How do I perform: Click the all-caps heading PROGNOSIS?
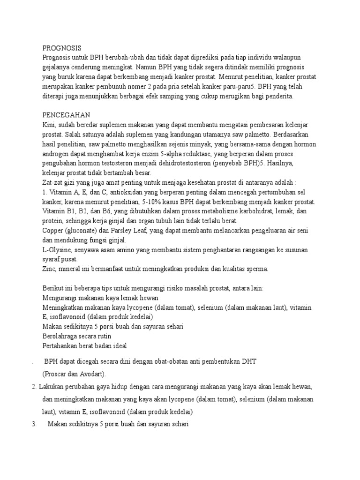point(62,48)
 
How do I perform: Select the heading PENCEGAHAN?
point(66,115)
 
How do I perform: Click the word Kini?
point(49,125)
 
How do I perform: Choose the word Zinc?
point(49,269)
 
